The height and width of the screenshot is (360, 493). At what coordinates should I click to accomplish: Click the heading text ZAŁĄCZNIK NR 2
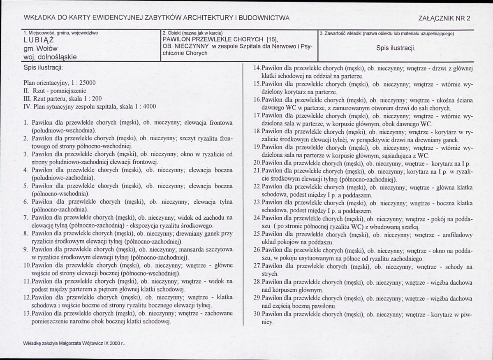pos(444,18)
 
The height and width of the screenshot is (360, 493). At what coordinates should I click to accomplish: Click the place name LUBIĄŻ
pos(39,40)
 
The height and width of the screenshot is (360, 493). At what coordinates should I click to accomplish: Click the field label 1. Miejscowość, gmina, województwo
pos(61,33)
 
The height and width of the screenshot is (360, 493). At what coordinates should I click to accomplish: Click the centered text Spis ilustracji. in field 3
pos(396,48)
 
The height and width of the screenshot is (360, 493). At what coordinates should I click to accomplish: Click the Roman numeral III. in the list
pos(28,98)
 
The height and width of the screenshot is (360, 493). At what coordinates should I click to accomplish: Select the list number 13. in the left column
pos(27,314)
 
